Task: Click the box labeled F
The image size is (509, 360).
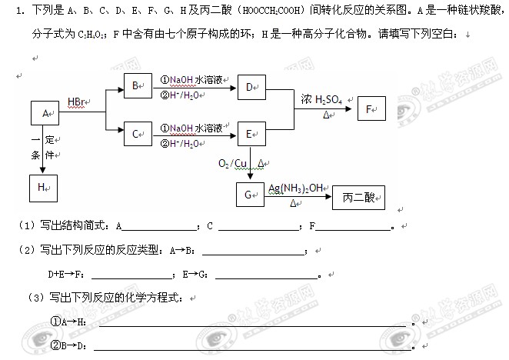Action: tap(373, 110)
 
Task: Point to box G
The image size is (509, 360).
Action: tap(251, 195)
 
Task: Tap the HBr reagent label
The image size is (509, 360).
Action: tap(77, 101)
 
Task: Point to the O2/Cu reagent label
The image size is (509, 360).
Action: tap(235, 163)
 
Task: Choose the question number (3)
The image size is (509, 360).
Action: tap(35, 298)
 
